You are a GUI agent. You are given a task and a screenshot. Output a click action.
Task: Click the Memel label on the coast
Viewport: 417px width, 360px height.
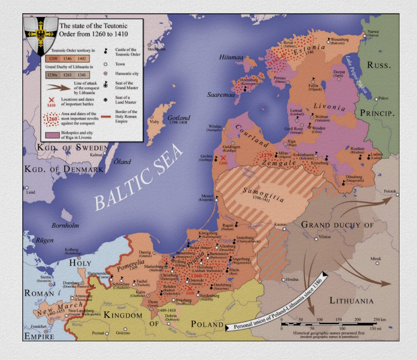click(206, 195)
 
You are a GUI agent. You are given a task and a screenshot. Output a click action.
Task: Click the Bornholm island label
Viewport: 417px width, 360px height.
click(65, 225)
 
